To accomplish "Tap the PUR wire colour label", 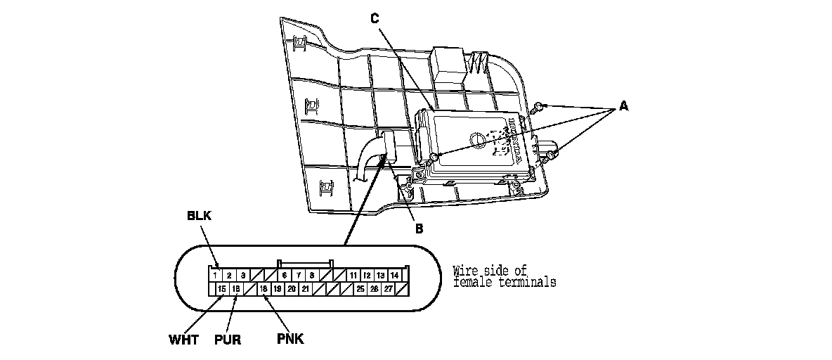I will [228, 340].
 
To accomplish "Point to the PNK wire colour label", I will [290, 340].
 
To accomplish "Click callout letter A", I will [623, 107].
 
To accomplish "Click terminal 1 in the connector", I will [216, 276].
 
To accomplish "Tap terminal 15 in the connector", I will [221, 289].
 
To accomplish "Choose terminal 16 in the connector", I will [236, 289].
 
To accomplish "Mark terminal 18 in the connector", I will [264, 289].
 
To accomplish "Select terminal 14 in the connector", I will [395, 276].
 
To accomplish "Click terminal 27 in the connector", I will [387, 289].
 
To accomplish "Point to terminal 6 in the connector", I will [285, 276].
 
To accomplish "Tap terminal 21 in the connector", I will [305, 289].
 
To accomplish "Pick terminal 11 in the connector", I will [353, 276].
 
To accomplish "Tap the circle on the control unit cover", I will [478, 139].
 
